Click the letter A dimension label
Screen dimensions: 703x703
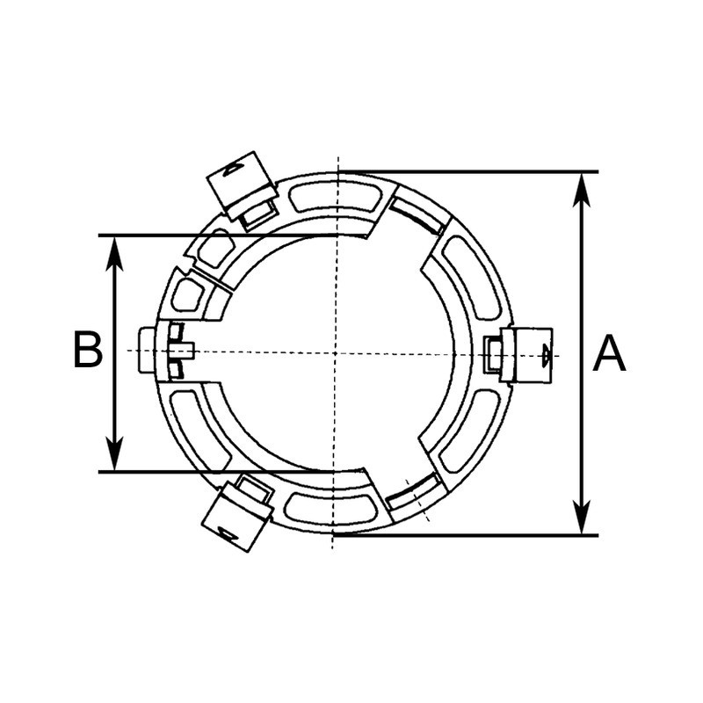coord(609,355)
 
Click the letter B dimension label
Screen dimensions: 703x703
coord(88,351)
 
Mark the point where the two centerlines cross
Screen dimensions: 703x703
coord(335,352)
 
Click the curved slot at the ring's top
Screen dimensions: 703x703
coord(335,199)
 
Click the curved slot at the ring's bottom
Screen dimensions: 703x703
coord(334,508)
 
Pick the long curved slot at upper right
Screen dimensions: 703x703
coord(472,278)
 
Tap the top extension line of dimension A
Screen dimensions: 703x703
coord(466,171)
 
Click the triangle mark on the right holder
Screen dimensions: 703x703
coord(546,355)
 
